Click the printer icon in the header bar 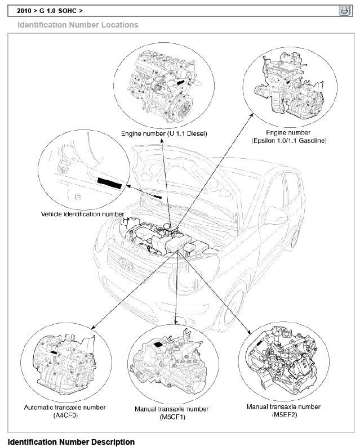point(344,10)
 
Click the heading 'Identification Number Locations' point(78,25)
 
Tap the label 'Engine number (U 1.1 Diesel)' point(164,134)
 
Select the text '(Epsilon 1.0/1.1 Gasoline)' point(289,140)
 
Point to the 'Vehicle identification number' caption point(83,214)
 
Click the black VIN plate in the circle point(109,182)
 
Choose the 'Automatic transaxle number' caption point(65,407)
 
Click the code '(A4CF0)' point(65,414)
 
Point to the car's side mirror point(274,215)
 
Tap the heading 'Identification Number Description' point(71,442)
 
